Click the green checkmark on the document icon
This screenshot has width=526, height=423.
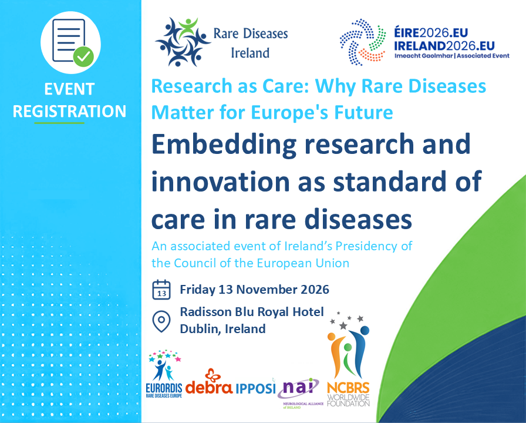(x=83, y=57)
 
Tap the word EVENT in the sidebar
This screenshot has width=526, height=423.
(x=69, y=89)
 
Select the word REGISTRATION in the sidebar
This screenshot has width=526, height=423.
(x=69, y=111)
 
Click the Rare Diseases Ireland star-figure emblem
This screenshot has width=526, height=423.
(x=183, y=42)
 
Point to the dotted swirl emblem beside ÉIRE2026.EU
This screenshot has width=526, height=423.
(x=363, y=42)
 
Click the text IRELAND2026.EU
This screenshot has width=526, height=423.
(x=444, y=46)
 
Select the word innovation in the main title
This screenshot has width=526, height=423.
(x=220, y=182)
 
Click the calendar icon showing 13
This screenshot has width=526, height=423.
(x=161, y=290)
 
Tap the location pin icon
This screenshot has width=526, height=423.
(x=161, y=321)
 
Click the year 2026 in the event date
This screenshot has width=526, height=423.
(x=315, y=290)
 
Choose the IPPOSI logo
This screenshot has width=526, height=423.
(x=255, y=388)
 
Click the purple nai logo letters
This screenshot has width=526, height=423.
(x=299, y=387)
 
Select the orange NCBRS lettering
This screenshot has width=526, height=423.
(x=348, y=388)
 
